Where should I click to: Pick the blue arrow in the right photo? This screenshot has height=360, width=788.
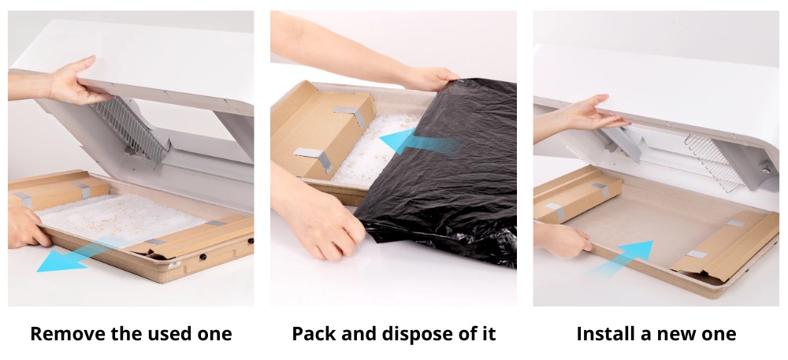point(621,258)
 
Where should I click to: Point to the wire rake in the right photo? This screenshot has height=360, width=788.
point(714,161)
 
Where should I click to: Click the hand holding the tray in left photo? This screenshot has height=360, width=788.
point(26,228)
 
